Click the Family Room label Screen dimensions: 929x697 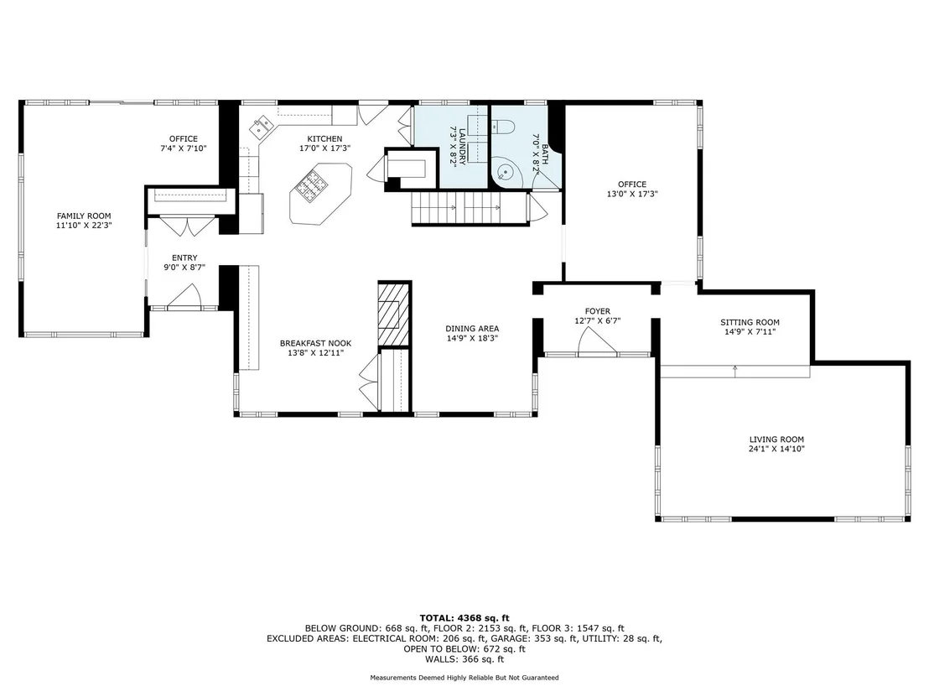84,216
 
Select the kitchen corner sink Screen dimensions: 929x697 262,126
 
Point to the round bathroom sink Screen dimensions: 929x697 505,172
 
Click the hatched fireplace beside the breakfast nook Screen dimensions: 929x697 394,314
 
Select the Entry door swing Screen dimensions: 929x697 184,296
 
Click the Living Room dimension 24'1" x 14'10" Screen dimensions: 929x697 776,449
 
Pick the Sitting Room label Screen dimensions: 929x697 750,322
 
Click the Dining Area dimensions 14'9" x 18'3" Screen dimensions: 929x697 472,338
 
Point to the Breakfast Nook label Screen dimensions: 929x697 316,343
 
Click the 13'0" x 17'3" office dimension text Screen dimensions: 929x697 632,194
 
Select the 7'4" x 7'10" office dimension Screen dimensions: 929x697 184,148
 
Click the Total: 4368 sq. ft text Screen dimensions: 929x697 464,618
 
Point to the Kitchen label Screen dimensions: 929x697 324,138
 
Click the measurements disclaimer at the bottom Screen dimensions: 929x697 464,678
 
